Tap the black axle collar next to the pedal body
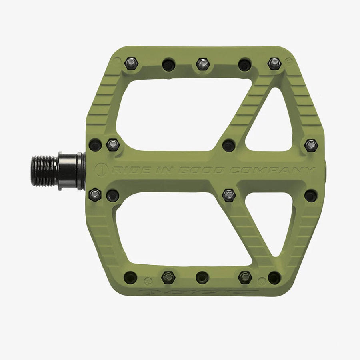pyautogui.click(x=71, y=171)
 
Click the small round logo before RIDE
pyautogui.click(x=101, y=170)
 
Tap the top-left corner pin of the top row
pyautogui.click(x=130, y=63)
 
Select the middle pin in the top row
pyautogui.click(x=203, y=64)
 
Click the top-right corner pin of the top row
pyautogui.click(x=274, y=63)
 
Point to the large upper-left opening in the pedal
pyautogui.click(x=176, y=114)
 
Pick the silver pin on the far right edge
pyautogui.click(x=311, y=145)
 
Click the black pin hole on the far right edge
pyautogui.click(x=311, y=196)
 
